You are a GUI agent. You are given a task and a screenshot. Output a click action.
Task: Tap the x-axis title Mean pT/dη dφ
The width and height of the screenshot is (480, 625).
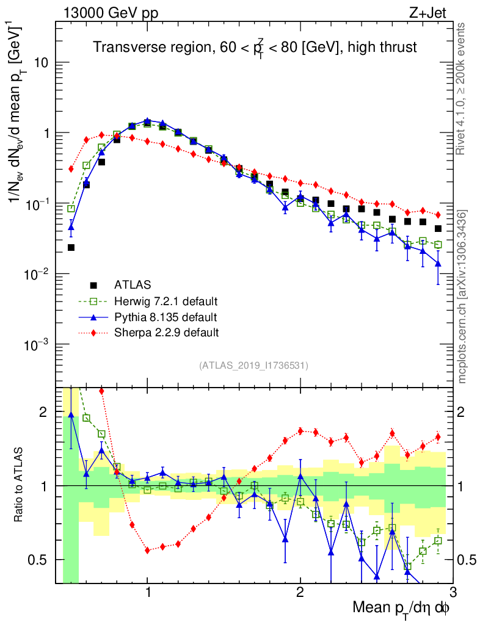pyautogui.click(x=402, y=608)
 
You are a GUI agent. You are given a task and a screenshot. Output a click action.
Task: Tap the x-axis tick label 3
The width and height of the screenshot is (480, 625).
pyautogui.click(x=453, y=592)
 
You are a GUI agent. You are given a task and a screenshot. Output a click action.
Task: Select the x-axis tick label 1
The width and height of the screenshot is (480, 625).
pyautogui.click(x=148, y=592)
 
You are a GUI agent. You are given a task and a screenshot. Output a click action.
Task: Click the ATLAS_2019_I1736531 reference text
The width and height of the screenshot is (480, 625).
pyautogui.click(x=253, y=366)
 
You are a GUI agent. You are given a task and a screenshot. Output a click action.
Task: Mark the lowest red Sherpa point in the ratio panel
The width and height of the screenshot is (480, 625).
pyautogui.click(x=148, y=550)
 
